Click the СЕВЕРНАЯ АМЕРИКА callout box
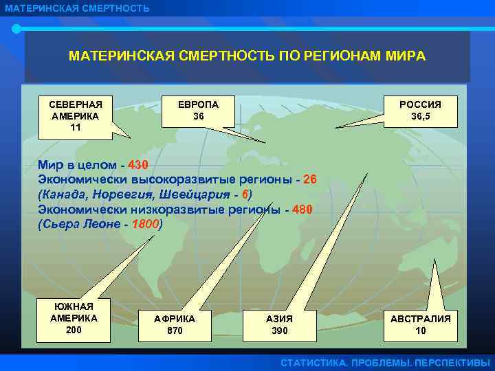click(76, 115)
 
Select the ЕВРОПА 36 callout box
click(198, 111)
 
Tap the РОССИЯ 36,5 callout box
click(420, 111)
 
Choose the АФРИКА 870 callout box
click(175, 324)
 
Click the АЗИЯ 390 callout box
click(279, 324)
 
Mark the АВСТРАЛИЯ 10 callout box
click(420, 324)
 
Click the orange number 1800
click(146, 224)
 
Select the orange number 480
click(301, 210)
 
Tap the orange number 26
click(309, 181)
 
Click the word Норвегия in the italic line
click(121, 195)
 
